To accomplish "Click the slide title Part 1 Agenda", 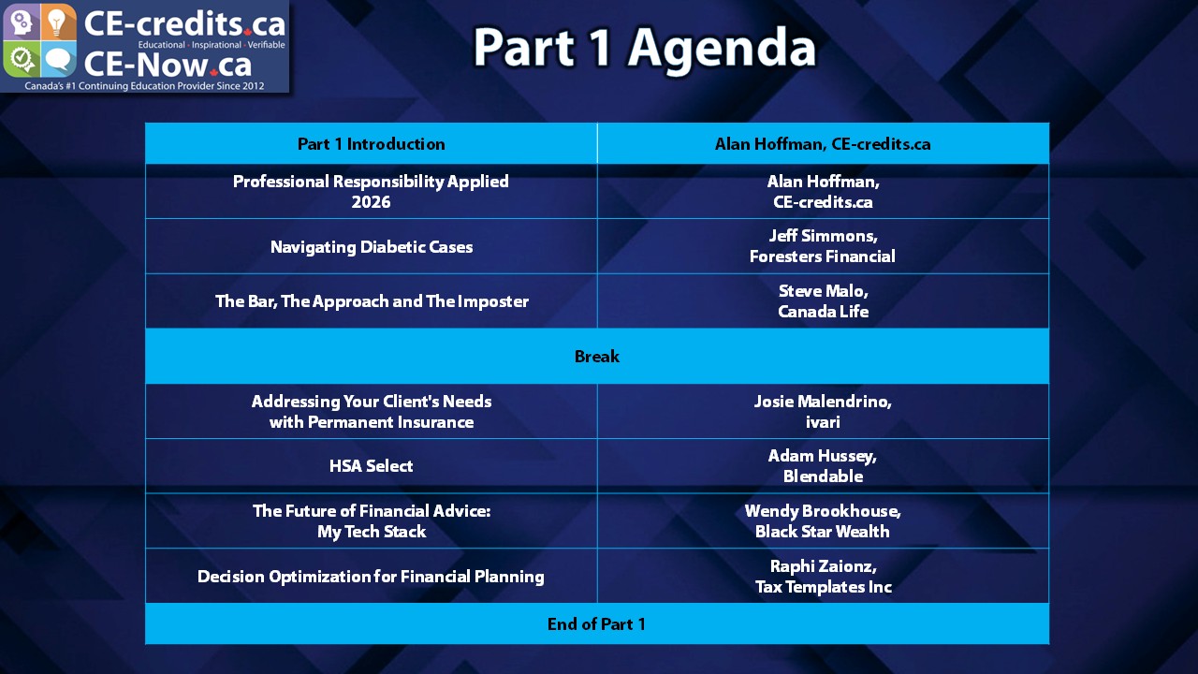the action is [645, 48].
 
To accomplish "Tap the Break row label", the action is [597, 357].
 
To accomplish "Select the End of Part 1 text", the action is [596, 623].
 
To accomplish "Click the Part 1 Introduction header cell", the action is [372, 144].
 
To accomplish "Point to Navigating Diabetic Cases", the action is [372, 247].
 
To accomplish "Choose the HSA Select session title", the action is [372, 466].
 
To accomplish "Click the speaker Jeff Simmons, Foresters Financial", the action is [823, 246].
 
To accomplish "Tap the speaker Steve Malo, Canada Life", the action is [823, 301].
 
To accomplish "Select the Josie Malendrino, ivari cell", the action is [823, 411].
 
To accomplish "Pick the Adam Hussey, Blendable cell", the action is [823, 466].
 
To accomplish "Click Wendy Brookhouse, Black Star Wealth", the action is [823, 521].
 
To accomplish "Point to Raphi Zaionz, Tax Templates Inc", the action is [824, 576].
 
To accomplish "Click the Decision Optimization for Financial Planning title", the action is [372, 577].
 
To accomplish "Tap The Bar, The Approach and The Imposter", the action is [373, 301].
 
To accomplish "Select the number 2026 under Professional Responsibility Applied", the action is [372, 202].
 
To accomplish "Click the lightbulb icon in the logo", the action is [57, 22].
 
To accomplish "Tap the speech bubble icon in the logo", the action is [58, 60].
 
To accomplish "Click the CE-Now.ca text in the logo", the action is [168, 65].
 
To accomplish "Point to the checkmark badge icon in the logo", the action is [22, 59].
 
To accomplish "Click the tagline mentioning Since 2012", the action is [144, 86].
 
